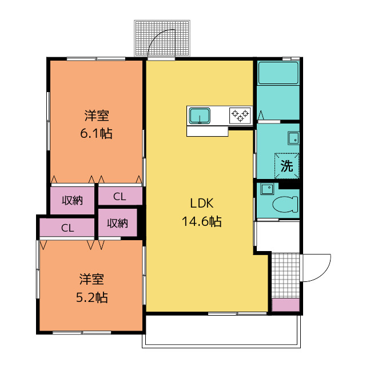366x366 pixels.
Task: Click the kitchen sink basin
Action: point(200,116)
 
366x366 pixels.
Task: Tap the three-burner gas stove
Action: point(240,116)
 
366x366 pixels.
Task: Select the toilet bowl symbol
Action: point(285,204)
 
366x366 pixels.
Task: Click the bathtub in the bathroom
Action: point(278,73)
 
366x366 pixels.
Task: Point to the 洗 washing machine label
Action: point(287,166)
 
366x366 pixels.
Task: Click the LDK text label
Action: point(202,204)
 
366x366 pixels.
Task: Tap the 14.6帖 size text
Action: point(202,221)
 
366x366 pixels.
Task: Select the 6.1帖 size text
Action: point(96,133)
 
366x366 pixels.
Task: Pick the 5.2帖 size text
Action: point(92,297)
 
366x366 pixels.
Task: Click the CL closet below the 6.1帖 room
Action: point(120,197)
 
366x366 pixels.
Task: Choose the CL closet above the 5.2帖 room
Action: point(67,228)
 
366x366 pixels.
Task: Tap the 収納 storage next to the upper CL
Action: point(73,200)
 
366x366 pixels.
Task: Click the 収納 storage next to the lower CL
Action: point(117,223)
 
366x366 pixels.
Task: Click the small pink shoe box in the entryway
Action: point(286,305)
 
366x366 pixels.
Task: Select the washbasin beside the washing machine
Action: point(293,138)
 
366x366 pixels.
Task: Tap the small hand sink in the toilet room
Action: point(266,189)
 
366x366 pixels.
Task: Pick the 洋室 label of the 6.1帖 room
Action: point(97,116)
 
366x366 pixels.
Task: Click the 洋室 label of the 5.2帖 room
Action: point(91,280)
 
